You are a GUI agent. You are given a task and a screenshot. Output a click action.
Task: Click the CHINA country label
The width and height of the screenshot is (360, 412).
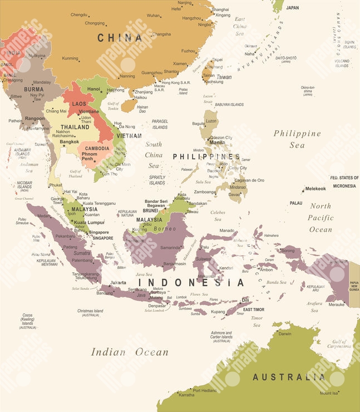tap(120, 38)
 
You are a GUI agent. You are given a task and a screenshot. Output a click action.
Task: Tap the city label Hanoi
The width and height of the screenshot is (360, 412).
tap(93, 89)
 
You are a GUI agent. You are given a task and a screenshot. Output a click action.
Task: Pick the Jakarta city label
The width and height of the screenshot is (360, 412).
tap(118, 282)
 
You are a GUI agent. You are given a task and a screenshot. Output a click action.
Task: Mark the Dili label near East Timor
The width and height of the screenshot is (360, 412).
tap(245, 300)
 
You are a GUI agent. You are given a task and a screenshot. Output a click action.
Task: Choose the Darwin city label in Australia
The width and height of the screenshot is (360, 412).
tap(284, 334)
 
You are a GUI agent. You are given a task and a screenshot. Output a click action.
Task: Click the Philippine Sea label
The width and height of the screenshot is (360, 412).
tap(297, 139)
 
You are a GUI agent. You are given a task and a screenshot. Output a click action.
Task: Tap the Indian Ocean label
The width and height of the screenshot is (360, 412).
tap(129, 352)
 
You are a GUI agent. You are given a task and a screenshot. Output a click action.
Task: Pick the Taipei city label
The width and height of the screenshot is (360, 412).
tap(217, 60)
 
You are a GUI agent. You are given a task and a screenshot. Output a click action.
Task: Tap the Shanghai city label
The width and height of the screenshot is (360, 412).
tap(220, 9)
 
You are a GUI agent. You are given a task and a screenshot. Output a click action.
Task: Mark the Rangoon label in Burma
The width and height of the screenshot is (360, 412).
tap(34, 118)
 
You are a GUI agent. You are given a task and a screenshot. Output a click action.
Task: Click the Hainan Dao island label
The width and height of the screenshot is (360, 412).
tap(142, 109)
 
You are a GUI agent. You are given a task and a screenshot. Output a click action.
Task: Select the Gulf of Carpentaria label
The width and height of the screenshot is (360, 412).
tap(339, 344)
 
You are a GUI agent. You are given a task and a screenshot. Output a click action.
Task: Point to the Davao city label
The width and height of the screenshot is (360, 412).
tap(235, 194)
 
